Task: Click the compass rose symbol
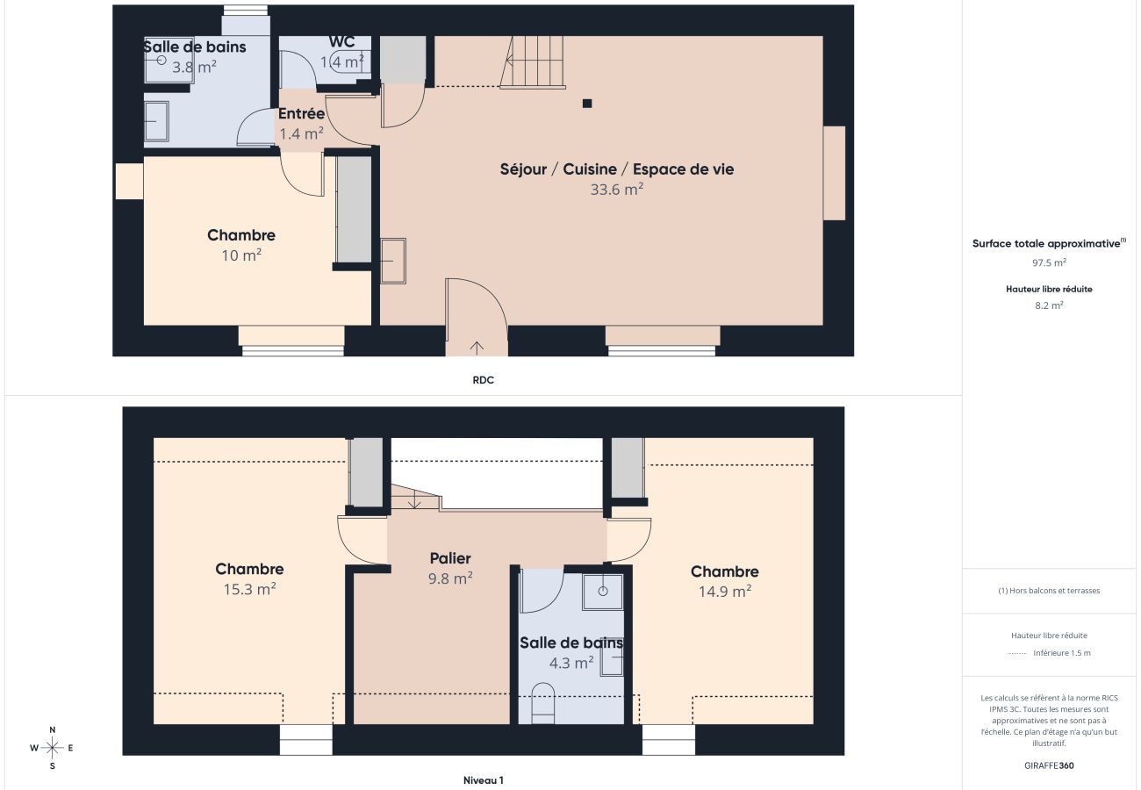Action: coord(52,748)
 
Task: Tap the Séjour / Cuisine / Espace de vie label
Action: coord(616,169)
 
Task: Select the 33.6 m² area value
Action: coord(616,189)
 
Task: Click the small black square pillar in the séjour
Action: coord(587,104)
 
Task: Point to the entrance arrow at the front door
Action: coord(477,348)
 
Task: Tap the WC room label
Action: coord(341,42)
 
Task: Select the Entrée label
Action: coord(301,114)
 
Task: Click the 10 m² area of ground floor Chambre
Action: coord(241,255)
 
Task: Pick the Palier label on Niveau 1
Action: coord(450,558)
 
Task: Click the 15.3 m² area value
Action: coord(249,589)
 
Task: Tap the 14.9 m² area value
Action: coord(724,592)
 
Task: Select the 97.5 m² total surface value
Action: coord(1049,262)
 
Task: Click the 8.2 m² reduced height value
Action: coord(1049,305)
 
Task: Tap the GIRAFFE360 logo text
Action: coord(1049,765)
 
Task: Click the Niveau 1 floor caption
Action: coord(484,780)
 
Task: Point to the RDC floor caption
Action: coord(484,380)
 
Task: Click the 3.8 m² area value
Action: coord(193,66)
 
